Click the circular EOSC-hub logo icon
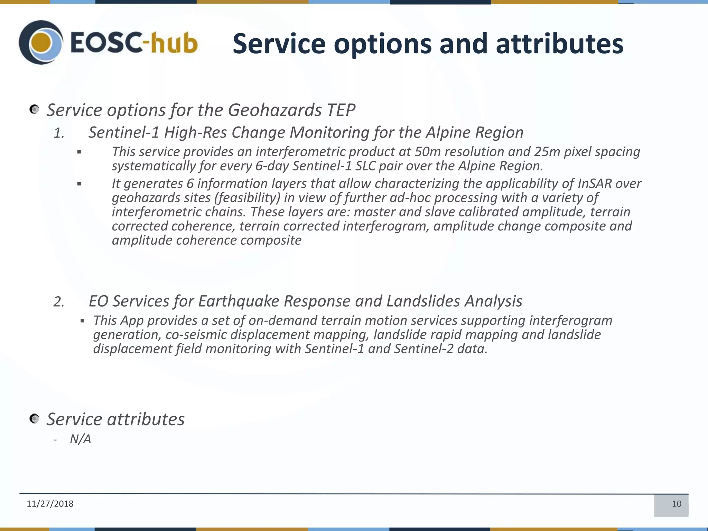(x=41, y=42)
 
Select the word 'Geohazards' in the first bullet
(x=275, y=110)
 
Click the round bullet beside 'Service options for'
(x=34, y=110)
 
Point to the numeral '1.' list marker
(x=59, y=133)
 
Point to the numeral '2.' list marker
(x=59, y=302)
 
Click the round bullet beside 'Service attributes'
(x=34, y=419)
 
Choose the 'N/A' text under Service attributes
(x=80, y=439)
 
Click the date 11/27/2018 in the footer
(x=50, y=504)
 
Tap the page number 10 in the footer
(x=676, y=504)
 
